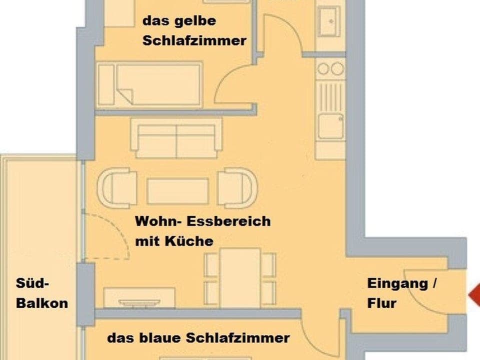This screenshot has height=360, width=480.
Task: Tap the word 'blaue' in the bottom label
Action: pyautogui.click(x=159, y=338)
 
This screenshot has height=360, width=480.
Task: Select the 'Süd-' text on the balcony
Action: pyautogui.click(x=33, y=283)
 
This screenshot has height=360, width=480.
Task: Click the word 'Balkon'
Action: pyautogui.click(x=42, y=303)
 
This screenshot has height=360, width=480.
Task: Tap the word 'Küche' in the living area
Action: pyautogui.click(x=190, y=241)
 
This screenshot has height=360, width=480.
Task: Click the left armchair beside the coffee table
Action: pyautogui.click(x=117, y=188)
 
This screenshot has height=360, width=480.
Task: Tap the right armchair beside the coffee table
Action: pyautogui.click(x=237, y=188)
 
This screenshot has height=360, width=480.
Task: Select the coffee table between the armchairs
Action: pyautogui.click(x=177, y=191)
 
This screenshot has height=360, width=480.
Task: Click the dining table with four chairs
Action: pyautogui.click(x=240, y=277)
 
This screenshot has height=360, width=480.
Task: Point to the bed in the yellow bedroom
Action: pyautogui.click(x=150, y=84)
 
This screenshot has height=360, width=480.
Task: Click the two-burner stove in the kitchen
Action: pyautogui.click(x=330, y=69)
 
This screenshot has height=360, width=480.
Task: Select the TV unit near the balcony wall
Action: pyautogui.click(x=139, y=298)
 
